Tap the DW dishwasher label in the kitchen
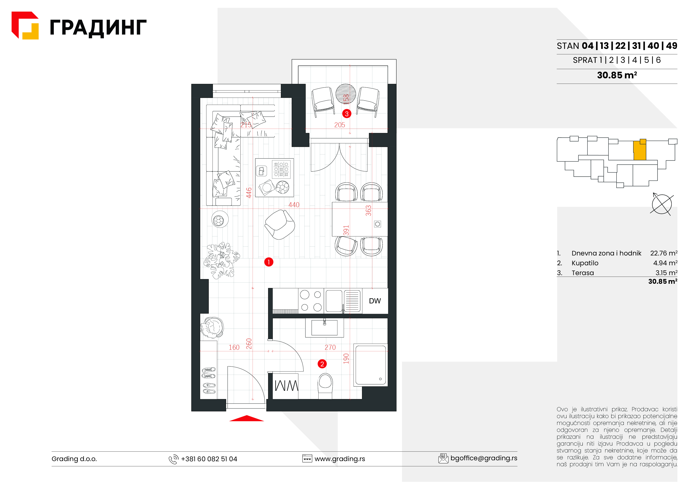point(375,301)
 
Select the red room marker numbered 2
point(322,364)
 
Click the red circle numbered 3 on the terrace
point(347,114)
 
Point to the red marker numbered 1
point(268,262)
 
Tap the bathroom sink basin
point(324,327)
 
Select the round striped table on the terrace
point(346,94)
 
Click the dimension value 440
point(294,205)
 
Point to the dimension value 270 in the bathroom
point(330,347)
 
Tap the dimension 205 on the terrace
point(340,125)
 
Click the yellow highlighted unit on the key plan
point(640,150)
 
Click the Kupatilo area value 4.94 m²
point(665,263)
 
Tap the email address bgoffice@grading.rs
point(484,458)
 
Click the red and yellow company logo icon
point(25,26)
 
